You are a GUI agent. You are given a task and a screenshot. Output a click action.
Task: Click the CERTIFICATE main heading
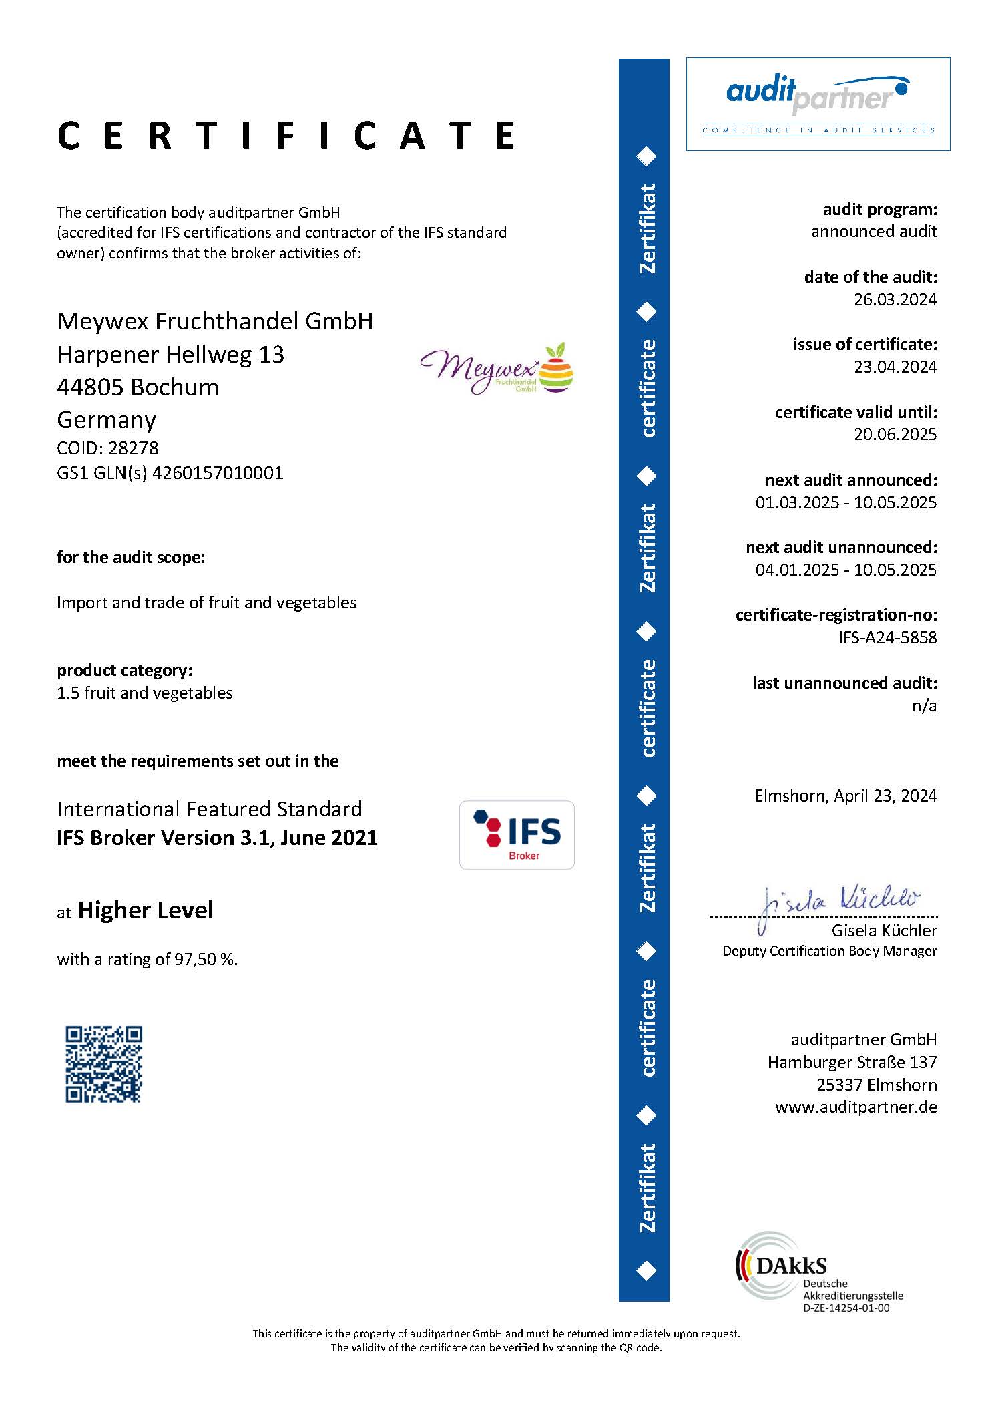[x=286, y=136]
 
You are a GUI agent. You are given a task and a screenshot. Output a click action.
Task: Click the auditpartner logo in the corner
[x=818, y=104]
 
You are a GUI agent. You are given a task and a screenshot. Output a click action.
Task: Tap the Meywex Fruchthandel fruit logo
[x=497, y=369]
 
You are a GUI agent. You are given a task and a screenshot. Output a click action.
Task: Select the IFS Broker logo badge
[x=517, y=835]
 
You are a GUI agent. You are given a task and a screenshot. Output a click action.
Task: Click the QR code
[x=103, y=1064]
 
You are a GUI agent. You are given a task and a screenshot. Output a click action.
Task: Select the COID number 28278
[x=133, y=448]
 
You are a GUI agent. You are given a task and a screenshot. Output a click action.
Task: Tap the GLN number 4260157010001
[x=218, y=473]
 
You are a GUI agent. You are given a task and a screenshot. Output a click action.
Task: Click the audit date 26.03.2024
[x=895, y=299]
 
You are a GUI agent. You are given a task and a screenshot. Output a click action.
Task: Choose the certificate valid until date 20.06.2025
[x=895, y=434]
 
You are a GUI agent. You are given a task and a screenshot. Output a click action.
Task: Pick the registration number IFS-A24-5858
[x=887, y=637]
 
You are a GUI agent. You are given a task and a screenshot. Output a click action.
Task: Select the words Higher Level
[x=146, y=910]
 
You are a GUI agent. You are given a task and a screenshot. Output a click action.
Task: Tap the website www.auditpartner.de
[x=856, y=1107]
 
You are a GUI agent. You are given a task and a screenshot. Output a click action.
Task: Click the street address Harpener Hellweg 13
[x=171, y=354]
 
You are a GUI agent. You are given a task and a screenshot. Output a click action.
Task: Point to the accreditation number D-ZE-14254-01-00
[x=846, y=1308]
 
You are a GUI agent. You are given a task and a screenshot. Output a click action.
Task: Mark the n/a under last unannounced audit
[x=924, y=705]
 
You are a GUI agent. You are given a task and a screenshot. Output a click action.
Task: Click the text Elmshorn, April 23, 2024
[x=845, y=796]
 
